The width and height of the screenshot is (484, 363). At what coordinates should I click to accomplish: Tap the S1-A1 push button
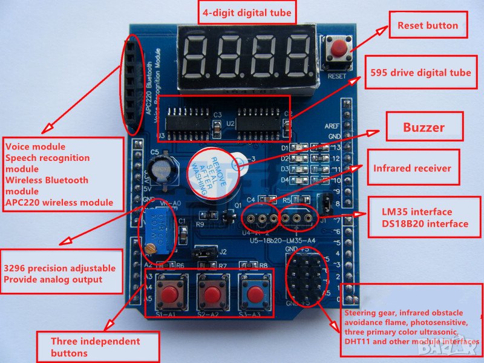pyautogui.click(x=170, y=294)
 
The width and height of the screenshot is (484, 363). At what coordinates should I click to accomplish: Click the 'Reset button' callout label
pyautogui.click(x=427, y=25)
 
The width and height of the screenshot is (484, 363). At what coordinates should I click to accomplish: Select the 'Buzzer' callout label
pyautogui.click(x=423, y=127)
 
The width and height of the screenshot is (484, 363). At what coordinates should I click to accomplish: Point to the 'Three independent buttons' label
pyautogui.click(x=97, y=347)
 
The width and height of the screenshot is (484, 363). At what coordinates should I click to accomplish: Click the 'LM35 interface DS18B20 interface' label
pyautogui.click(x=425, y=218)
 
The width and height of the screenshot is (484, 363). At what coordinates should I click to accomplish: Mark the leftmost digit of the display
pyautogui.click(x=197, y=56)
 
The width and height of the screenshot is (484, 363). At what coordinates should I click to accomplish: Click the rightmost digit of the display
pyautogui.click(x=296, y=56)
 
